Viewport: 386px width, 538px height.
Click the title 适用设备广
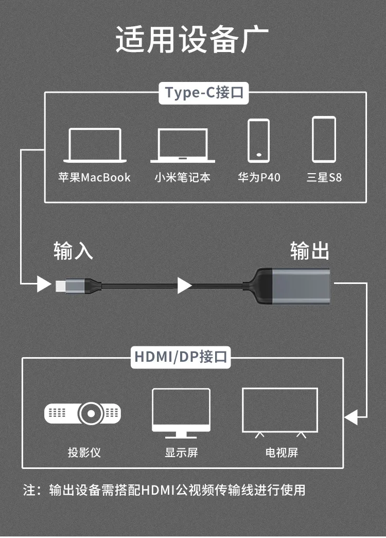(192, 40)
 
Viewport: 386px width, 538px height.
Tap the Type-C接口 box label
(204, 93)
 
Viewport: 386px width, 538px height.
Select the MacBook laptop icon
(95, 146)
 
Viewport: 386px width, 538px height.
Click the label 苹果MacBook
(94, 178)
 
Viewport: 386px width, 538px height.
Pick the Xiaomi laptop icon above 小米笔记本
(183, 146)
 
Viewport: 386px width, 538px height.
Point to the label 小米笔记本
(183, 178)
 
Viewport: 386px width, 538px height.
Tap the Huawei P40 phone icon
(258, 141)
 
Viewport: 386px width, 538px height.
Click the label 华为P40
(259, 178)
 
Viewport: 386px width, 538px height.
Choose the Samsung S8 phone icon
(324, 139)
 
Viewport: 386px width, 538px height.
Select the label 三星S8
(324, 178)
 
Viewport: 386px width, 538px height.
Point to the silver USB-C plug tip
(60, 284)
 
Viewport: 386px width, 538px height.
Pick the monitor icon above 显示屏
(181, 413)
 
